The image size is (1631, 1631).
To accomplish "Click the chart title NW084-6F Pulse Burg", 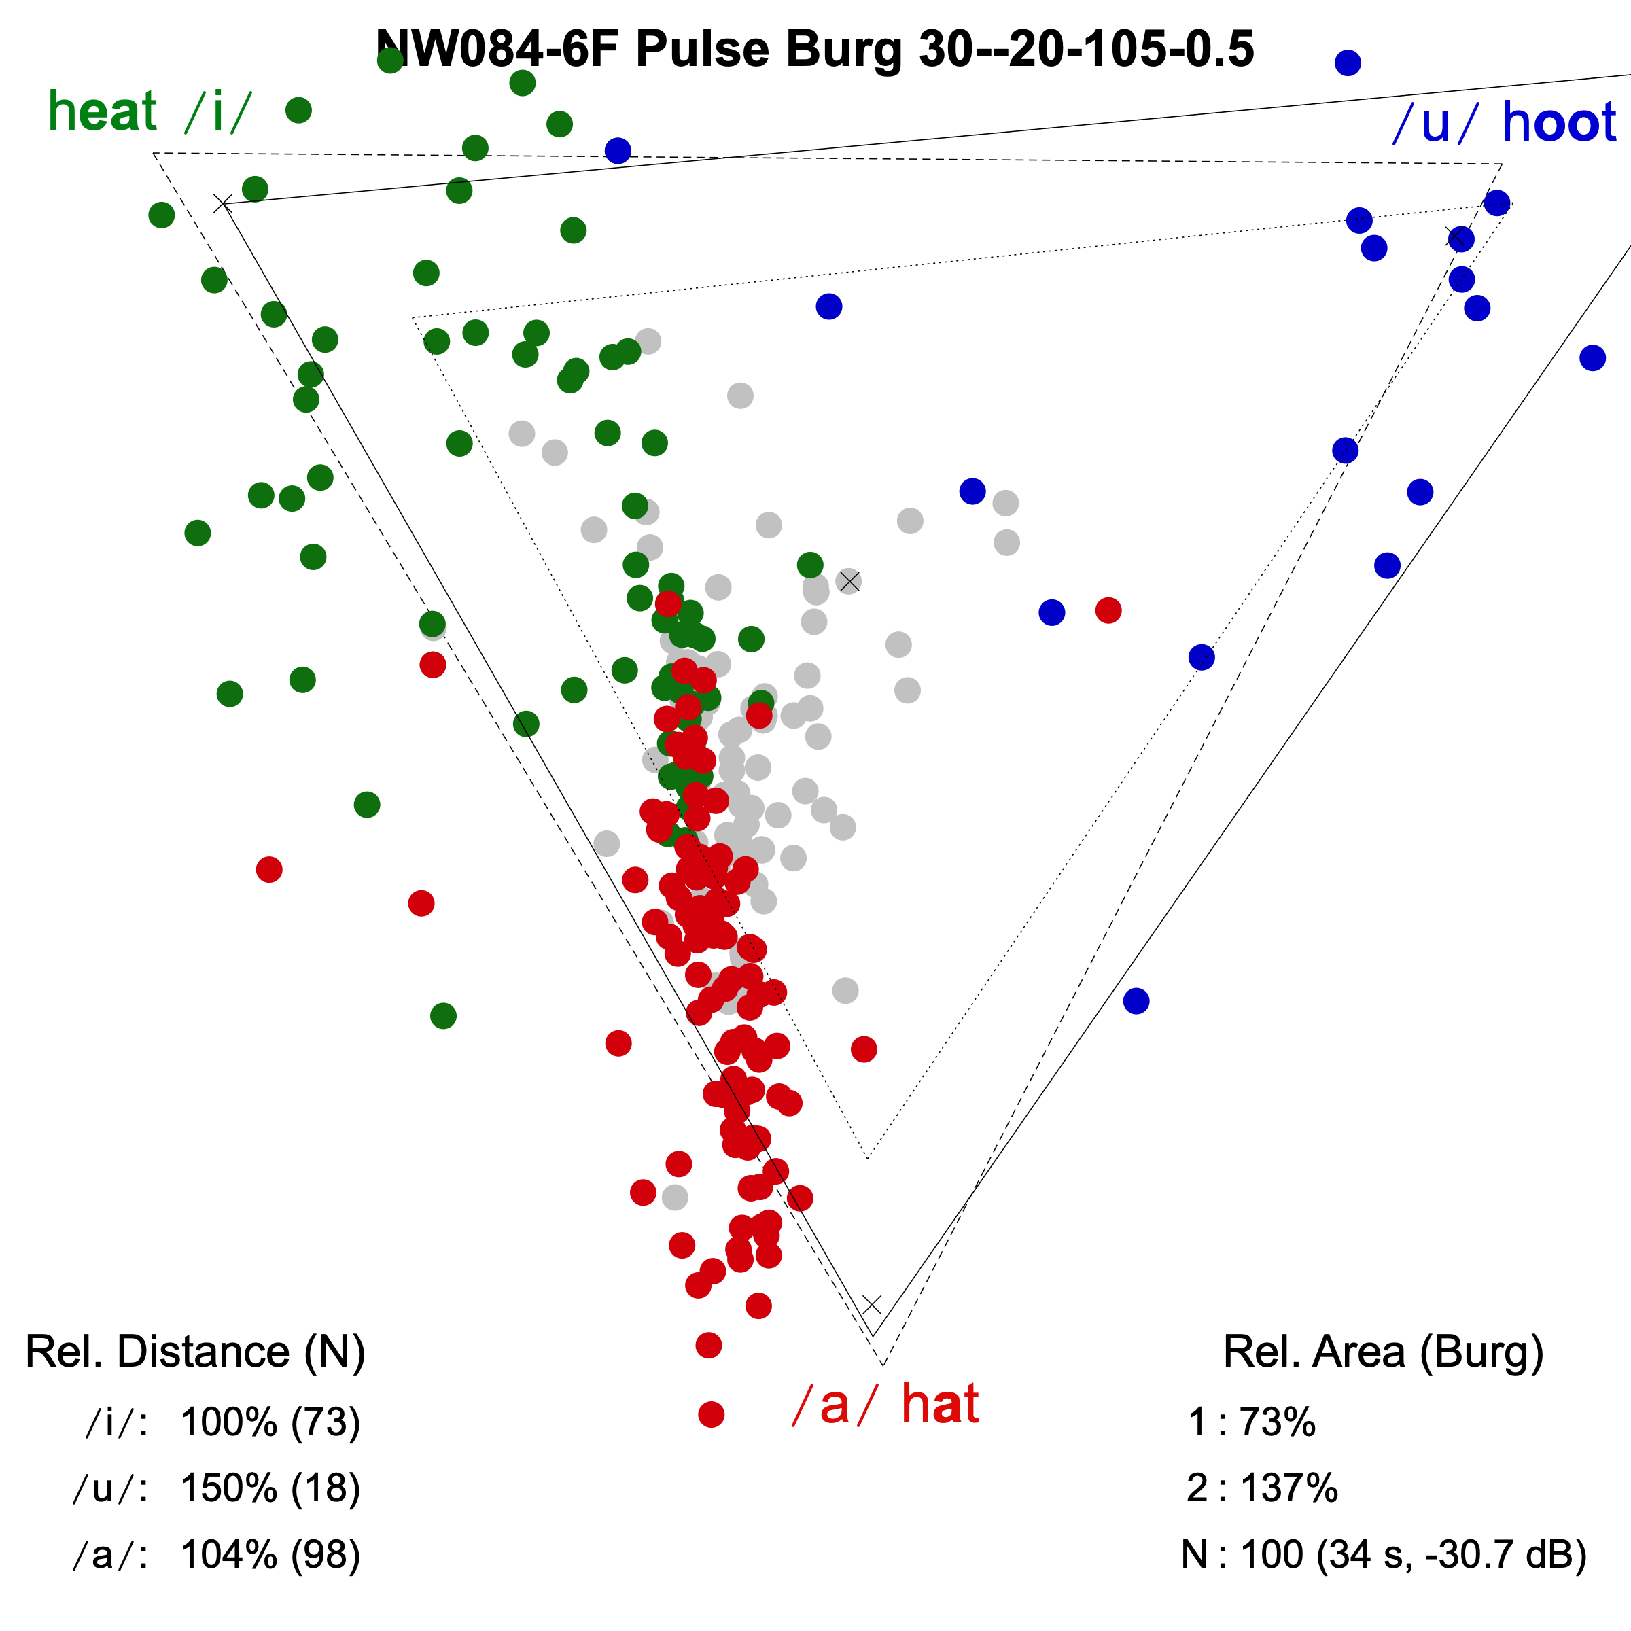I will (815, 49).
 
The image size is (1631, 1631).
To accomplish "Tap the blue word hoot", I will (1558, 122).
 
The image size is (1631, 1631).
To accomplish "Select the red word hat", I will (940, 1405).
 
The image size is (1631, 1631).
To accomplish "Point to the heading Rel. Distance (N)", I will (195, 1352).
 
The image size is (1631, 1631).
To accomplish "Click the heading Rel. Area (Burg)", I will (1383, 1352).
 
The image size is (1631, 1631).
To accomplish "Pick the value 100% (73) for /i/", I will (270, 1422).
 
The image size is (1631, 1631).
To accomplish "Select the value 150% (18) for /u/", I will (270, 1488).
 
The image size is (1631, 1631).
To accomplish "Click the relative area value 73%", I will (1276, 1422).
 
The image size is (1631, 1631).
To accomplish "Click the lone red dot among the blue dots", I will (1108, 610).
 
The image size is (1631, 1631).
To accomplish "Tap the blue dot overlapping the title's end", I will (1348, 63).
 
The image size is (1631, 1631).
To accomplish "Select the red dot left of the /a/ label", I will (711, 1414).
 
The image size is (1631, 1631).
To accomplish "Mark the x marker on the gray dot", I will (849, 581).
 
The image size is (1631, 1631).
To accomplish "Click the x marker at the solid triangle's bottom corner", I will (872, 1304).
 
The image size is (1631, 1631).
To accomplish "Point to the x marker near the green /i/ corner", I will (223, 203).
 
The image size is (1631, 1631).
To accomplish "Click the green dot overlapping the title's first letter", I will (390, 60).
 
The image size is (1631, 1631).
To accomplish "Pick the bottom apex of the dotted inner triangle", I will (868, 1157).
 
